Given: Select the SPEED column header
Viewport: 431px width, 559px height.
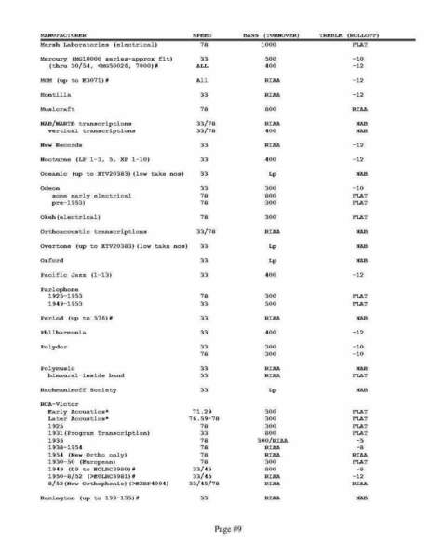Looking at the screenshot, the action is click(x=202, y=35).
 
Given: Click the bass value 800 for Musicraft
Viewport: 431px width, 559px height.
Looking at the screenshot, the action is click(x=271, y=108).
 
